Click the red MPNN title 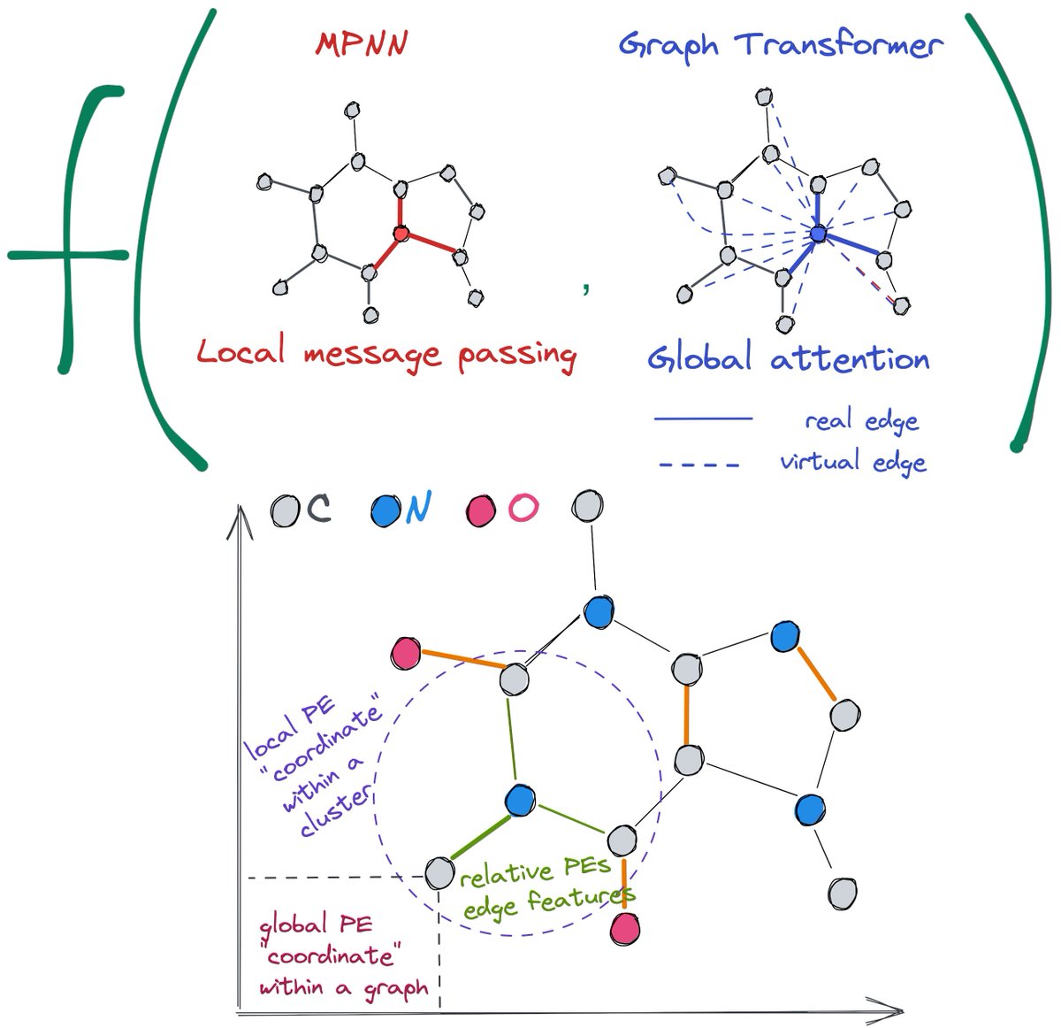(362, 43)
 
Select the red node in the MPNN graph (401, 234)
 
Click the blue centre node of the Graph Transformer (818, 234)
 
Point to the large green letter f (68, 229)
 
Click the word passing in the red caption (517, 355)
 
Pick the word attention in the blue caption (850, 358)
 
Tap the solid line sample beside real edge (703, 419)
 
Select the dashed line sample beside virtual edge (699, 465)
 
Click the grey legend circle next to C (286, 510)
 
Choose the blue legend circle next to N (385, 510)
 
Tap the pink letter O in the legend (523, 508)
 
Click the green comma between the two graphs (585, 288)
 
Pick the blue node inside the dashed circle (520, 801)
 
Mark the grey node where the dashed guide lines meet (439, 873)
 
